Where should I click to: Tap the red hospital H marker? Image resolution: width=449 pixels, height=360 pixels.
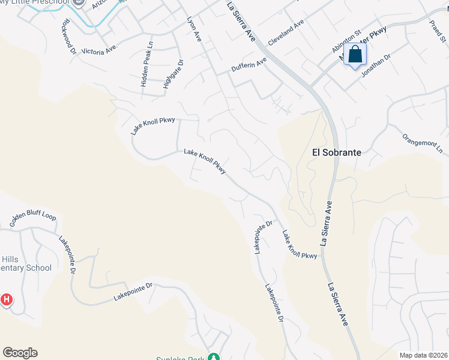[7, 299]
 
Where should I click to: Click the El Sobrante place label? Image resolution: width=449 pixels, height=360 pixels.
[337, 152]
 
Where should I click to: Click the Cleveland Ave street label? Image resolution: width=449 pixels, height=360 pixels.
[286, 31]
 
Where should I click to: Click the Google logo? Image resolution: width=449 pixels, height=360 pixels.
[20, 353]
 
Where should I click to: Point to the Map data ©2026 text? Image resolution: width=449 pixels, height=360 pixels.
[423, 355]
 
